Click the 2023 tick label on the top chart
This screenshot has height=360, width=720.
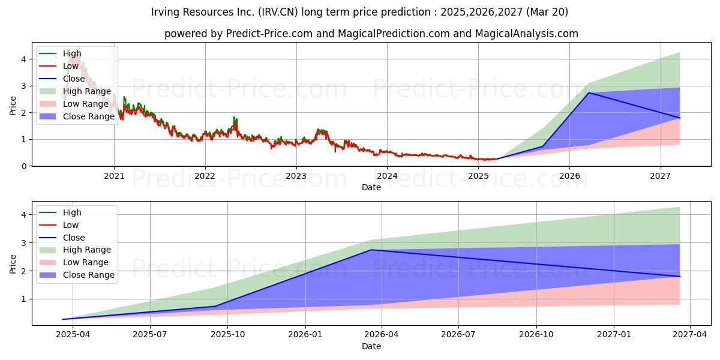(x=296, y=176)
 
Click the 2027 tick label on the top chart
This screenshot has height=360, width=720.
(x=660, y=176)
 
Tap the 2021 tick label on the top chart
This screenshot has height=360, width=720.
(x=114, y=176)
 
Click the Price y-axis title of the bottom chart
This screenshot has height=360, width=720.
(x=13, y=263)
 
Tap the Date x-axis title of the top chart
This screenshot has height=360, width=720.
(x=371, y=187)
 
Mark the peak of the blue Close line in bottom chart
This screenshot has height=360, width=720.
(x=371, y=250)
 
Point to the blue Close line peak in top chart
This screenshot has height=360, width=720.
(x=589, y=92)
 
